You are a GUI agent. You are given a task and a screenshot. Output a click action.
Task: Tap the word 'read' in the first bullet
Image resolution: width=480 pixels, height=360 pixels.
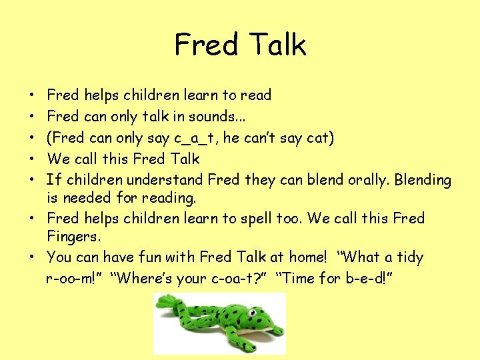(x=255, y=95)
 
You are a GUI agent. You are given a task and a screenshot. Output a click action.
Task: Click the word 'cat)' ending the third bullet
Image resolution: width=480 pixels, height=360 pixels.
(x=319, y=138)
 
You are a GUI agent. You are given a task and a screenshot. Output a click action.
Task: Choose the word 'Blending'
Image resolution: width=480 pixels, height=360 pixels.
(x=423, y=180)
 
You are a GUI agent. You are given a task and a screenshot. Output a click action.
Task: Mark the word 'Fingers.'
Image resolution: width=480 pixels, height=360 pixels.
(x=74, y=236)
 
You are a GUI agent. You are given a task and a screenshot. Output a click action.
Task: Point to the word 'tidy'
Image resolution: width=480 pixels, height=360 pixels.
(x=407, y=257)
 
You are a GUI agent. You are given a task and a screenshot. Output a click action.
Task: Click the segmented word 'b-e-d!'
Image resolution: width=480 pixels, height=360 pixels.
(x=368, y=278)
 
